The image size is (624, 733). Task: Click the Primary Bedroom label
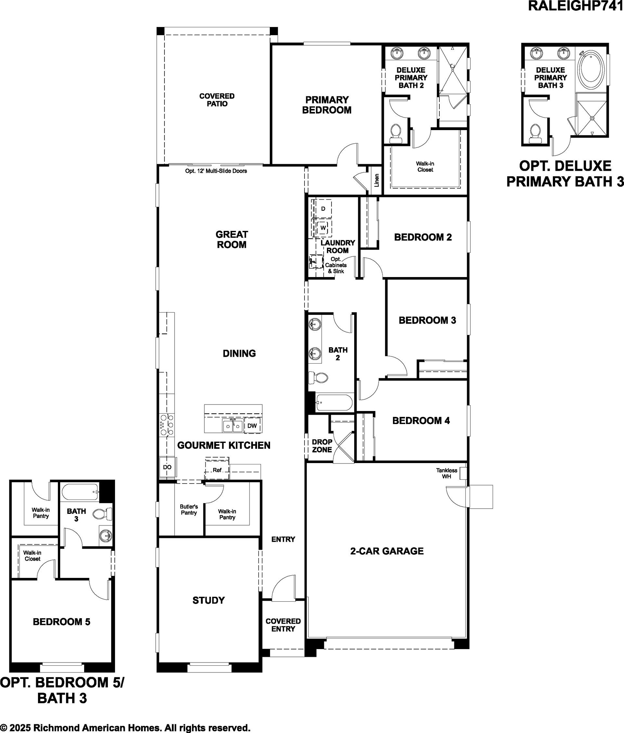coord(327,105)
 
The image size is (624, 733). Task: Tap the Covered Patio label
coord(217,100)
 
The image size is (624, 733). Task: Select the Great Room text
coord(232,239)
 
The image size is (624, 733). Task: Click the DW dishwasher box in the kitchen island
coord(252,426)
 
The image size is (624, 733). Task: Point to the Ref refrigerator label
coord(217,470)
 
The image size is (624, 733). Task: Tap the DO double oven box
coord(167,467)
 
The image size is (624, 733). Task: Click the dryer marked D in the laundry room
coord(323,209)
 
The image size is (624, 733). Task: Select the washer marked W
coord(323,228)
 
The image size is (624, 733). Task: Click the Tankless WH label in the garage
coord(447,473)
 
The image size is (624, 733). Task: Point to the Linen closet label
coord(377,180)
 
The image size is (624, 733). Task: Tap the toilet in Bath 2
coord(318,378)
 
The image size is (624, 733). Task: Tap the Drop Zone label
coord(322,446)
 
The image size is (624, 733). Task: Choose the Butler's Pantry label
coord(189,510)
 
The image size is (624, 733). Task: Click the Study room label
coord(209,600)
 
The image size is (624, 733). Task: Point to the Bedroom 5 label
coord(61,621)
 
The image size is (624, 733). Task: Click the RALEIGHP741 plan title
coord(576,6)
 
